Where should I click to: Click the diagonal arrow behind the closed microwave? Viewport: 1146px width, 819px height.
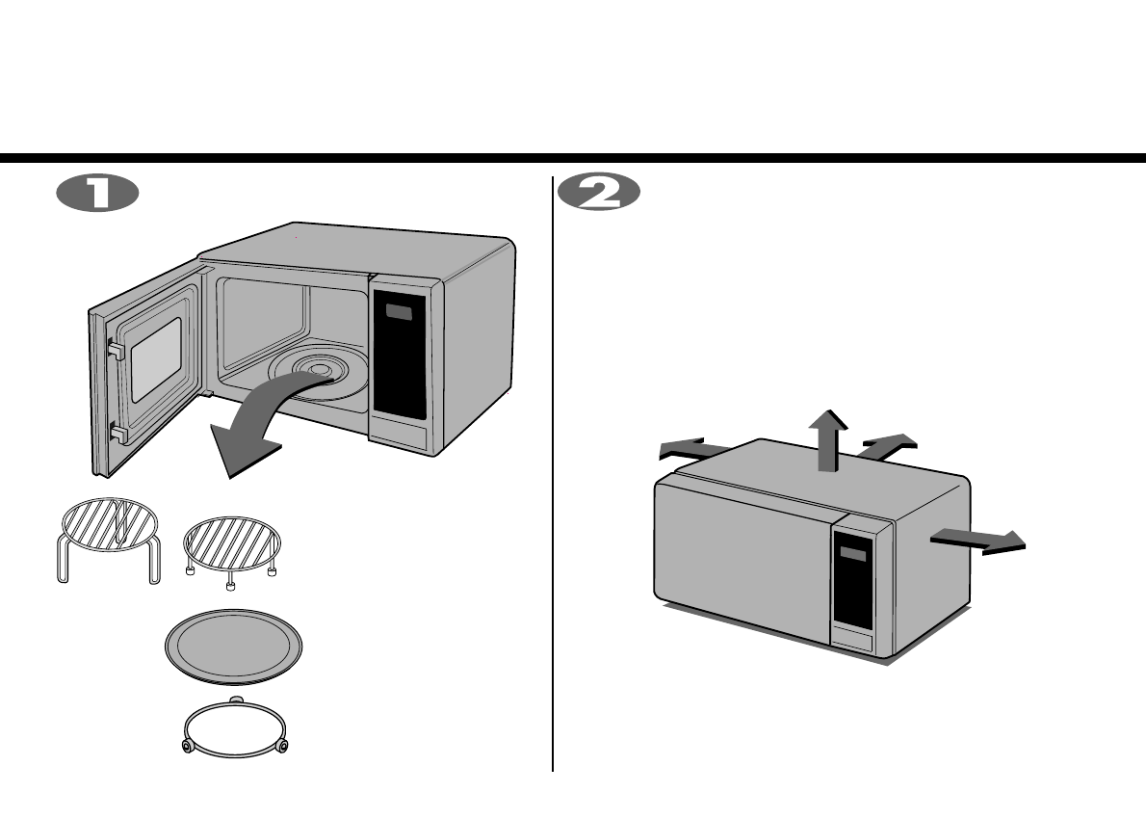(x=887, y=445)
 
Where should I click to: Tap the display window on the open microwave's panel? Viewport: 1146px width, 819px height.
(x=398, y=313)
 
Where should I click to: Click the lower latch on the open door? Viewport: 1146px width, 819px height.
(x=117, y=434)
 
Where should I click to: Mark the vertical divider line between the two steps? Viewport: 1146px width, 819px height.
(x=553, y=472)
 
